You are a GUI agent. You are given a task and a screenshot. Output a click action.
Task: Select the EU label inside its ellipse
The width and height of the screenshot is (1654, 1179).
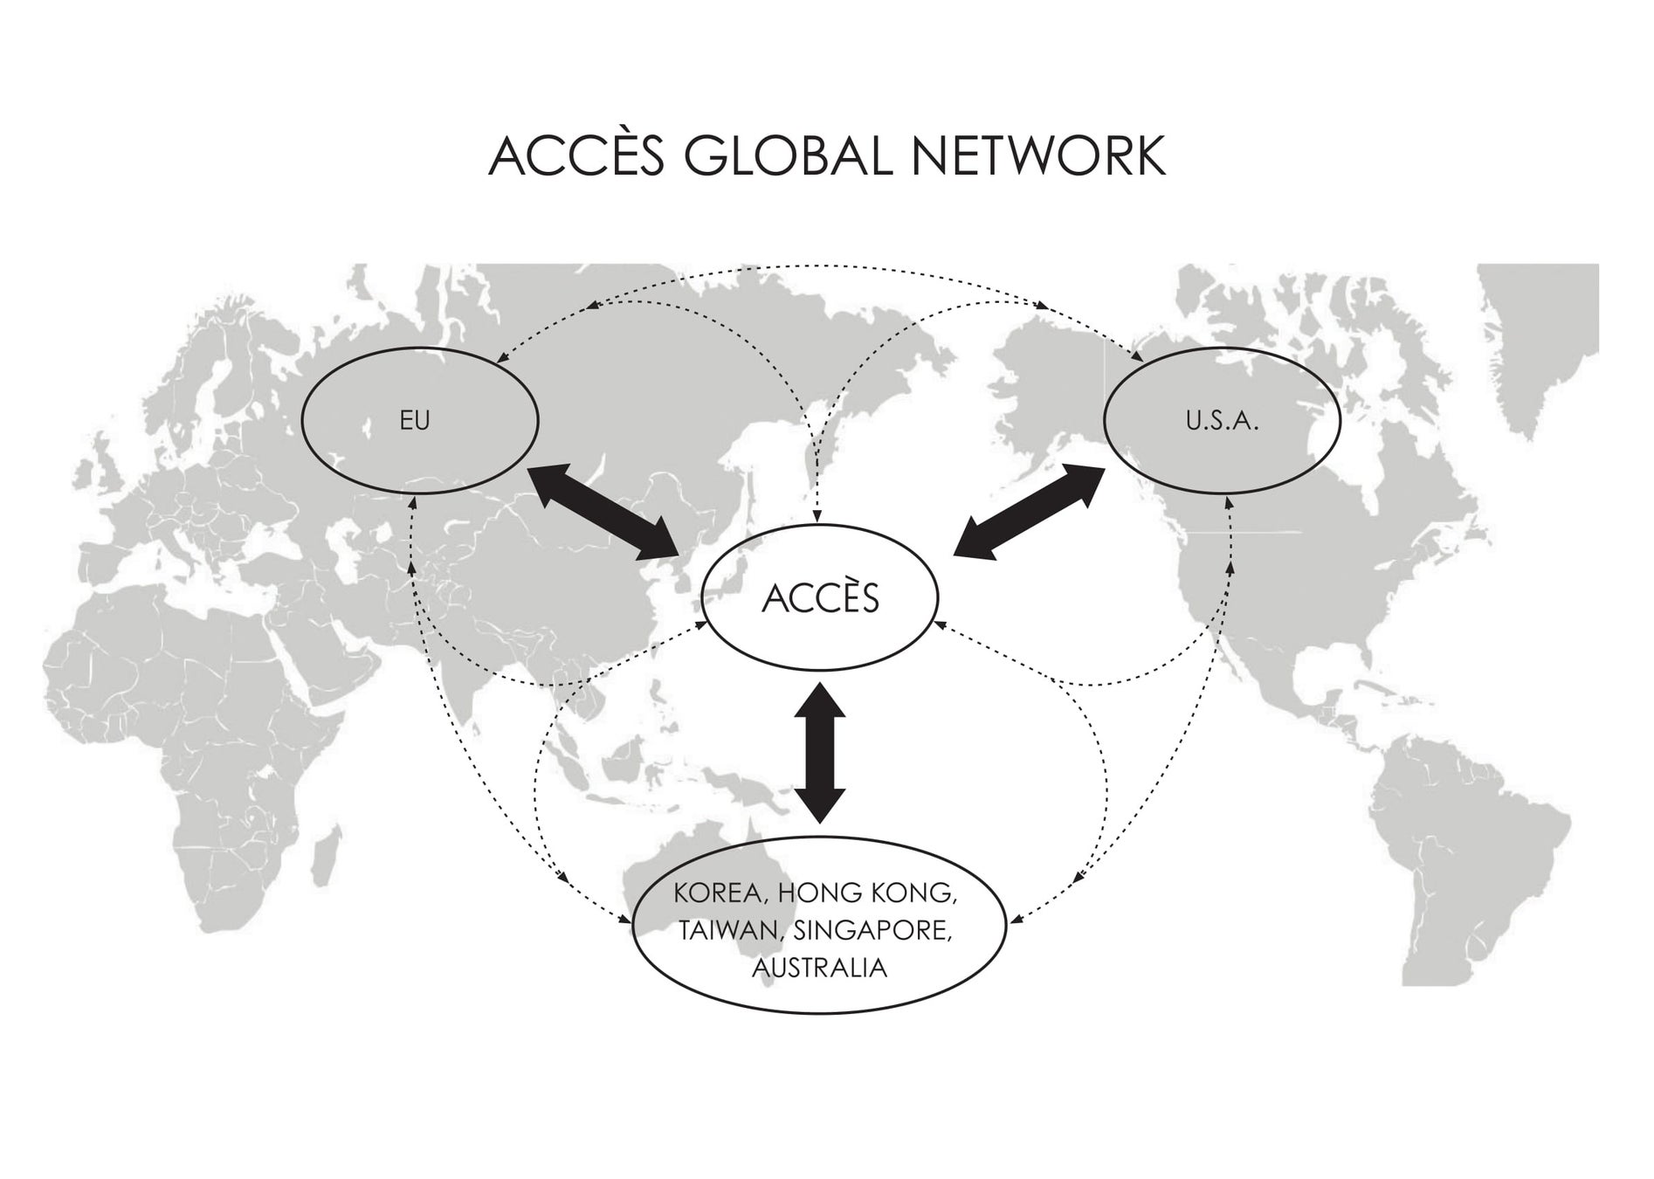(415, 421)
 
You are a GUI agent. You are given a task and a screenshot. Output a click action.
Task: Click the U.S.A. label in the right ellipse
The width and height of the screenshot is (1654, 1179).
(1222, 422)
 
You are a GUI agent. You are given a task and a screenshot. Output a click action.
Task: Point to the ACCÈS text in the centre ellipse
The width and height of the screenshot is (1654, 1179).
(820, 599)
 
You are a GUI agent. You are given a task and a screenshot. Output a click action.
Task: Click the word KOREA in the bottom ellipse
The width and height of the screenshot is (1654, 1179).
(718, 893)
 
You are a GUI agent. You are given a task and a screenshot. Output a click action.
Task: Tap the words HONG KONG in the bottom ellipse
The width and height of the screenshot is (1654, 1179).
(867, 893)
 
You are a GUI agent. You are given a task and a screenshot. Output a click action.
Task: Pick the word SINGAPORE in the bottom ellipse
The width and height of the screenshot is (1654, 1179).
(872, 931)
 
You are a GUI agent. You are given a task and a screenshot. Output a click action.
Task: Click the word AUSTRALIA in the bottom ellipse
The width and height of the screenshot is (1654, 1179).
(819, 969)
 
